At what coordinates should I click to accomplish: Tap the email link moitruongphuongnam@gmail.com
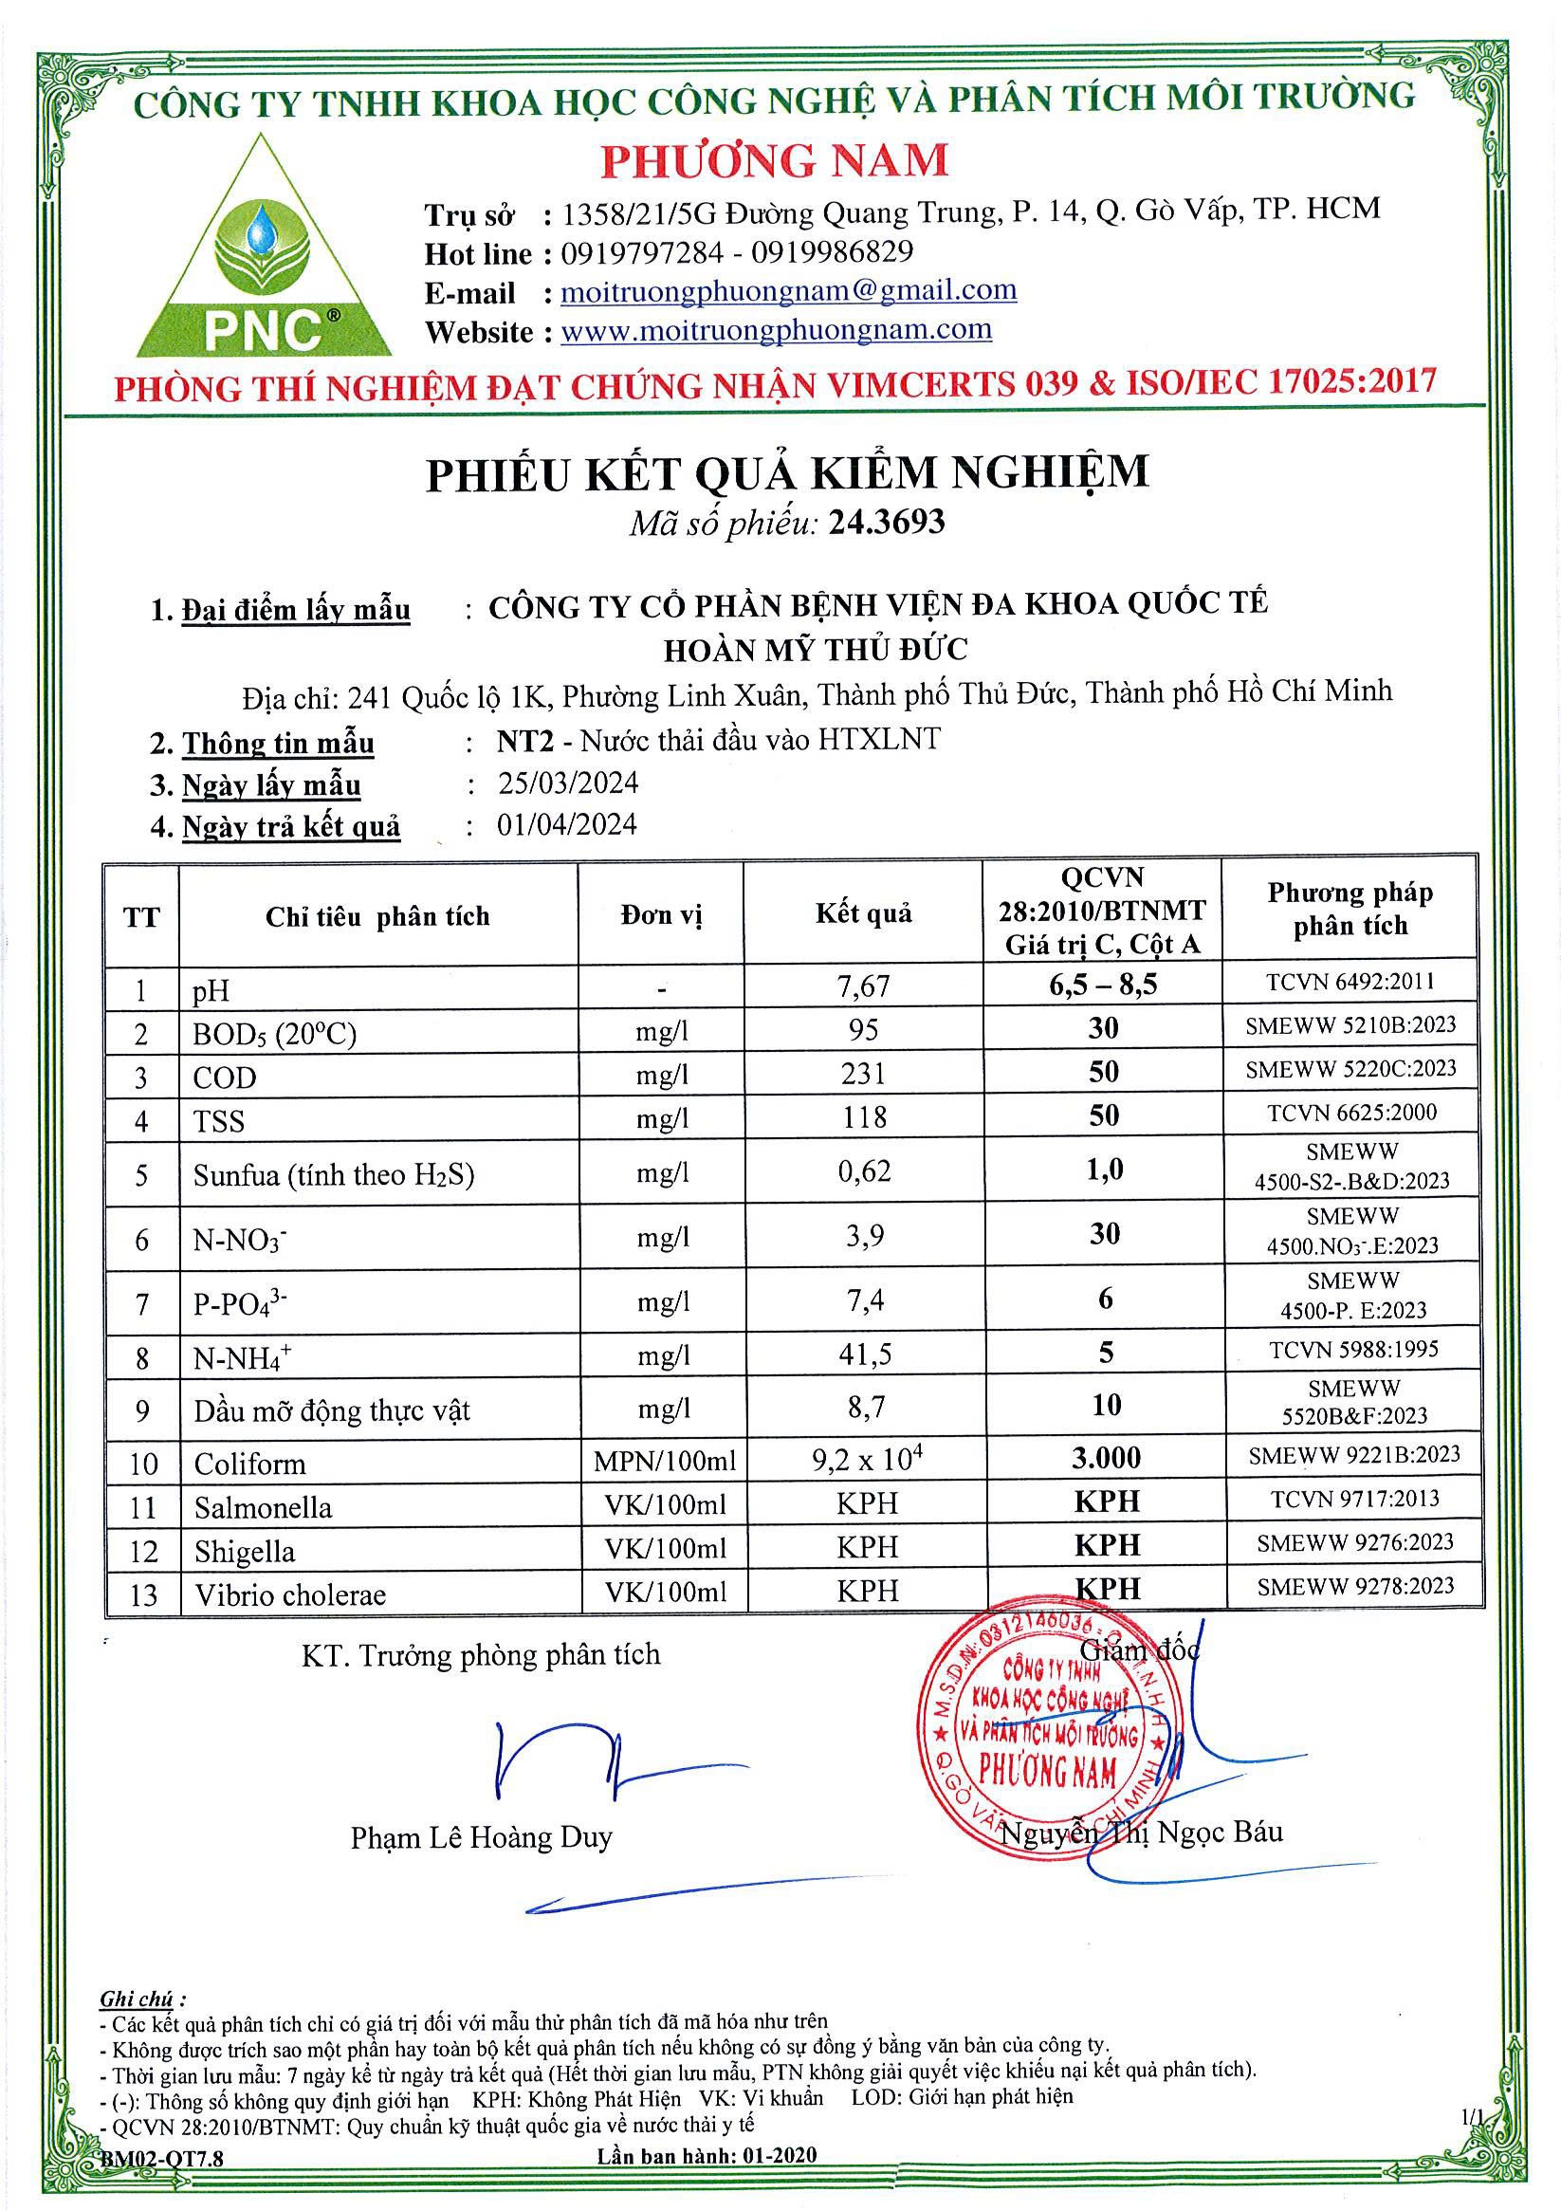[788, 290]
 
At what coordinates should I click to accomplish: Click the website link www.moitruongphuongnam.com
[775, 330]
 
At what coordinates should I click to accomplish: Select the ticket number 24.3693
[887, 522]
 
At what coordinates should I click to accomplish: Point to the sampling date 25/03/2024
[568, 782]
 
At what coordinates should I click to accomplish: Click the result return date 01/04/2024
[567, 824]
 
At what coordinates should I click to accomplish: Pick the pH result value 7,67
[863, 986]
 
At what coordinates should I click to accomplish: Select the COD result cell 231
[863, 1073]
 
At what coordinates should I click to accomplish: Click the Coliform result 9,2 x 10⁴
[868, 1460]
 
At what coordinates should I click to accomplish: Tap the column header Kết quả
[863, 912]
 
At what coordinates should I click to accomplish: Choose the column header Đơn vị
[662, 913]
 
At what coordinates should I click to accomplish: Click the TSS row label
[220, 1121]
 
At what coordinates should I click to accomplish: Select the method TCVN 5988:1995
[1353, 1349]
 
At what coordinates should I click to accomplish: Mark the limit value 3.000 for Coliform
[1107, 1458]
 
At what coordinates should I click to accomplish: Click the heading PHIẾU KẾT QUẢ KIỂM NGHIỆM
[787, 474]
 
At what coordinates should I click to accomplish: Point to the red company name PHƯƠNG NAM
[775, 160]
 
